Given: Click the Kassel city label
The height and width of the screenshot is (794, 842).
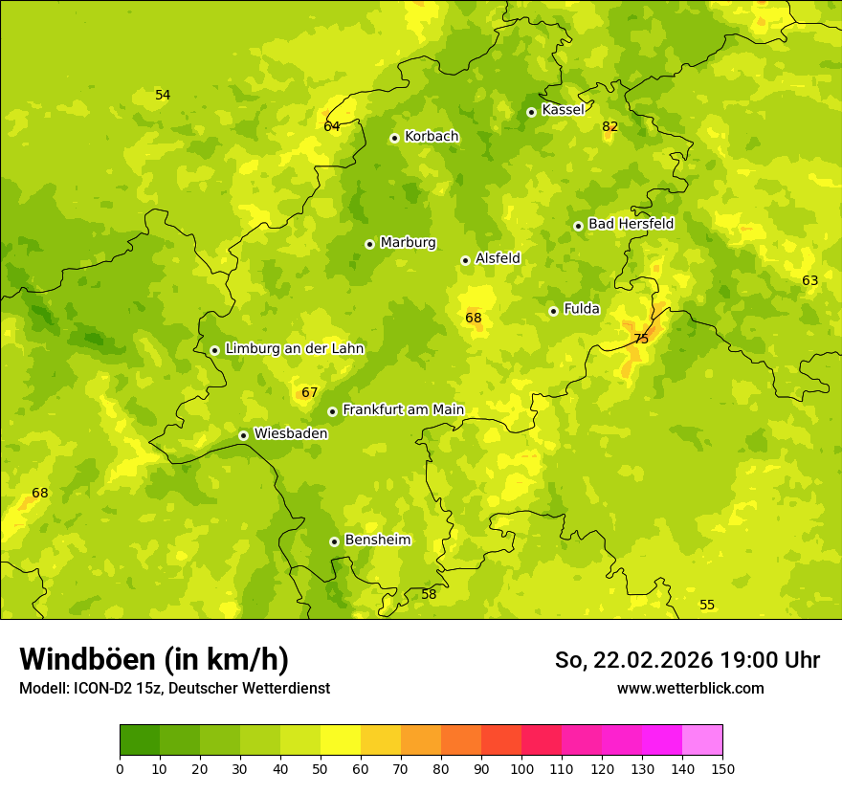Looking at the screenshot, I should [x=563, y=110].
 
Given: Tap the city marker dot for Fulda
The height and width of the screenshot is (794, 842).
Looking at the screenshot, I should [x=553, y=311].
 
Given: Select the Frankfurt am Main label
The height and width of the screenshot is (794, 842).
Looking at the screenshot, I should [x=403, y=409].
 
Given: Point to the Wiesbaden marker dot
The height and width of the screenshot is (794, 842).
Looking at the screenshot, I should [x=243, y=435].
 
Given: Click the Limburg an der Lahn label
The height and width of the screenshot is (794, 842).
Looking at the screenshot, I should [x=294, y=348].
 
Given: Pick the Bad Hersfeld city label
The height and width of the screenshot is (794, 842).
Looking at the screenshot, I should [x=631, y=224].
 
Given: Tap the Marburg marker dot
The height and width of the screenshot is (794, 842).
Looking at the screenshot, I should [x=369, y=244].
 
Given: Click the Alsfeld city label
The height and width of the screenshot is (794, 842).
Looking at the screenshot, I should [x=498, y=258].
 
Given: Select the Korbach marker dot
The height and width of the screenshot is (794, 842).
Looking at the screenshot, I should [x=394, y=138].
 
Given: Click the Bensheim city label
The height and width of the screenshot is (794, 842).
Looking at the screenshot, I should [x=377, y=540].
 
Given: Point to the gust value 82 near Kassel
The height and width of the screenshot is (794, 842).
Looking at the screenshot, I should [x=610, y=126].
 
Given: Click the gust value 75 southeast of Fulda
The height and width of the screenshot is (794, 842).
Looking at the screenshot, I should [x=641, y=339].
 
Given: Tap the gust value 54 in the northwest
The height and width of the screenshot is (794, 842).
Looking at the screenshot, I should [x=163, y=95].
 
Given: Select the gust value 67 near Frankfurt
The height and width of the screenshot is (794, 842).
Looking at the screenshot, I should [x=309, y=392].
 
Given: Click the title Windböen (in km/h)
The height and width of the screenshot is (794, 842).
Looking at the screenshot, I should [x=153, y=659].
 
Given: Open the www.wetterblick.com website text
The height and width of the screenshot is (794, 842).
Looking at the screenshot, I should [x=690, y=688].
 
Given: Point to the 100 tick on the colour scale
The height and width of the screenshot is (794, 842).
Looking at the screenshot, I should [x=521, y=768].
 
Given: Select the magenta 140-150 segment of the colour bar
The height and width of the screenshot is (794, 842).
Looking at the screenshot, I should [x=702, y=739].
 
